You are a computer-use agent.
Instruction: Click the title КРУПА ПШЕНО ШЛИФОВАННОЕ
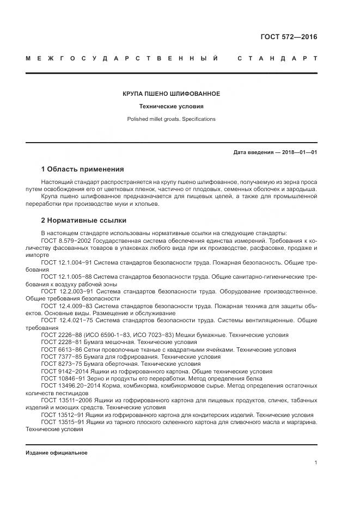tap(171, 94)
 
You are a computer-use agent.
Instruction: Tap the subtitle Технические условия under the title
tap(171, 106)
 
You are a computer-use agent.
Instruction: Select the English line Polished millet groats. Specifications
tap(171, 119)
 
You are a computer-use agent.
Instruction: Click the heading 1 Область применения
tap(82, 169)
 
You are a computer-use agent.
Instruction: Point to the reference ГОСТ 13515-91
tap(63, 421)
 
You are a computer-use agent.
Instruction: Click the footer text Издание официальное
tap(57, 452)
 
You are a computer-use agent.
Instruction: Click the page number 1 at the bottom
tap(315, 463)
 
